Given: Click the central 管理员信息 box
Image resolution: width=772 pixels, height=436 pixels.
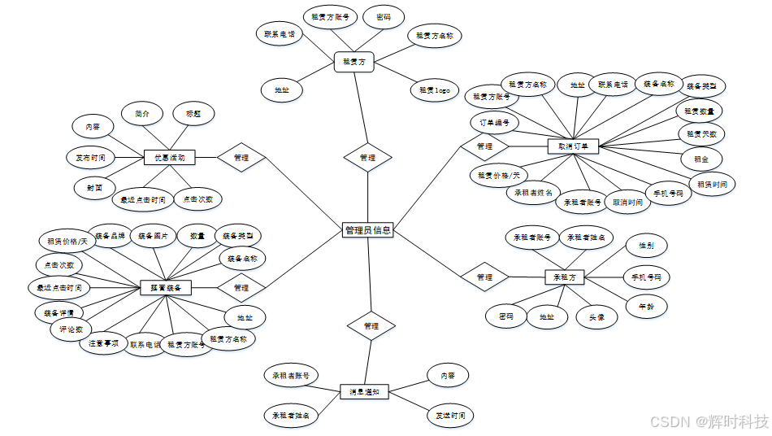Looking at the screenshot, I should [x=368, y=230].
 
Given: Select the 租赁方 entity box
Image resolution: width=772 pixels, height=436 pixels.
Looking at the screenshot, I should [x=353, y=61].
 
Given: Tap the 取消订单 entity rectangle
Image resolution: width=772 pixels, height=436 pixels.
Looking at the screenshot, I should [x=574, y=146].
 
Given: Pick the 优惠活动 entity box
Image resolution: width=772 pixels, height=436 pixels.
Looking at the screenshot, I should [x=169, y=157].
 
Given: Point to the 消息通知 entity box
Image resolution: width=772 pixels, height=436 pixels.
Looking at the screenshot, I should [x=364, y=393].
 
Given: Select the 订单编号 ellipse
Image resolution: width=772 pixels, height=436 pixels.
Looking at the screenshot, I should [x=494, y=123].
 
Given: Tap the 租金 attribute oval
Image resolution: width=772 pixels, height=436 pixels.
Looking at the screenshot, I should [x=700, y=159].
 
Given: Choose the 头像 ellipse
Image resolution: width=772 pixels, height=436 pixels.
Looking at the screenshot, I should [x=596, y=317].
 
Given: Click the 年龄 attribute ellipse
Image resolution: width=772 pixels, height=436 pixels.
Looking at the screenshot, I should [x=647, y=307].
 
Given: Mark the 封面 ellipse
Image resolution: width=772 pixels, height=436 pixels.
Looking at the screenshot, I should [x=94, y=187].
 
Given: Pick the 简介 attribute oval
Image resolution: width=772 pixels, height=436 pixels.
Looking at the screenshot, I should [x=141, y=114].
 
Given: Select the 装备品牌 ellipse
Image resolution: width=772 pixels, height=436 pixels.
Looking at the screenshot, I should [x=110, y=237].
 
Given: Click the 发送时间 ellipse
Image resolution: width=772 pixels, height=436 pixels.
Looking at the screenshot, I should [x=449, y=416].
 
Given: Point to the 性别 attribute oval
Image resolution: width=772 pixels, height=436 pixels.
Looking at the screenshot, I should [x=647, y=245].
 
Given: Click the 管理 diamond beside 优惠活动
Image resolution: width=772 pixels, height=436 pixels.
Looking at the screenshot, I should [x=241, y=157].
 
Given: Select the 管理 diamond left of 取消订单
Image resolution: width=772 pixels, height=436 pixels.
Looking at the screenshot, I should [x=484, y=146].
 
